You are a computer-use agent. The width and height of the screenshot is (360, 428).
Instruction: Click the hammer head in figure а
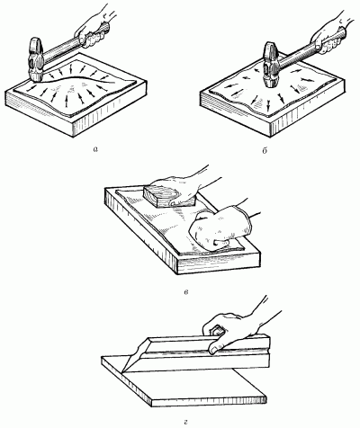coord(36,59)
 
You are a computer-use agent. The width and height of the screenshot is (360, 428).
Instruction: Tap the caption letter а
coord(95,149)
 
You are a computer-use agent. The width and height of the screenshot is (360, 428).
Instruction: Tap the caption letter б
coord(265,150)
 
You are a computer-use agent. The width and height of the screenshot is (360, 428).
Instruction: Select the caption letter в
coord(186,292)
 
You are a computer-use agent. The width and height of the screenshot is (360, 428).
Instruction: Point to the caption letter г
coord(185,423)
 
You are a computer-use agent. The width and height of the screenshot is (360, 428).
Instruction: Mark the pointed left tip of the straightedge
coord(122,372)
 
